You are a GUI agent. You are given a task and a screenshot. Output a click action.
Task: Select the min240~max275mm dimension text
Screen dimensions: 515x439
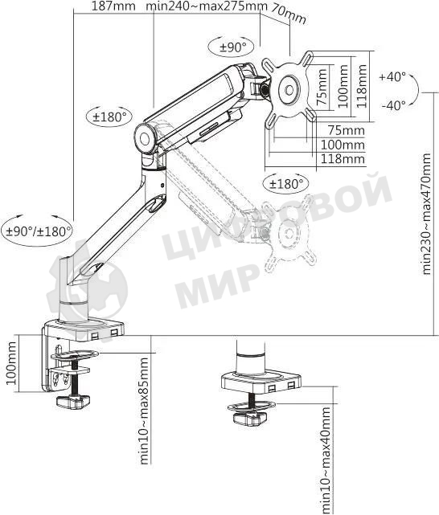click(207, 6)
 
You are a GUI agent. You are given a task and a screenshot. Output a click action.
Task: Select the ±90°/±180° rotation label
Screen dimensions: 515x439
click(38, 231)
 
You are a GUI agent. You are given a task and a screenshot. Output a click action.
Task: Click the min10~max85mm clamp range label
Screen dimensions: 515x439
click(145, 412)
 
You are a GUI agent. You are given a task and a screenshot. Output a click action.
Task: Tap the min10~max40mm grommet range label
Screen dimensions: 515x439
click(326, 459)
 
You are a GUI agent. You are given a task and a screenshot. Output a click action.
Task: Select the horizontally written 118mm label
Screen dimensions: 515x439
click(342, 159)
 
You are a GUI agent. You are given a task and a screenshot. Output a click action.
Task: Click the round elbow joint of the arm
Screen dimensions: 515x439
click(146, 137)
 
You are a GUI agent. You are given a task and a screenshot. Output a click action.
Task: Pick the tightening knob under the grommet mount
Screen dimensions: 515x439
click(248, 419)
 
